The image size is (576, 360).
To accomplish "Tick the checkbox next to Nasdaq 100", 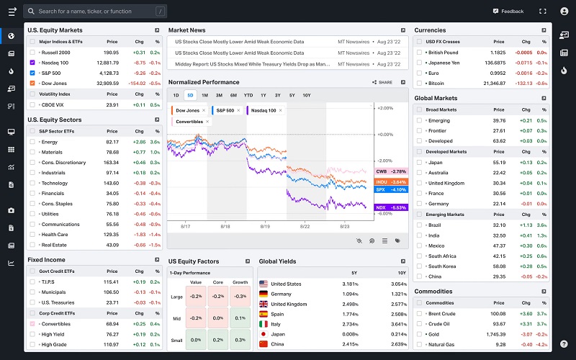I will [32, 63].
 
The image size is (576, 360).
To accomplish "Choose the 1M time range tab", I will [204, 95].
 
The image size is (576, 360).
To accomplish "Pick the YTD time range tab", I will [248, 95].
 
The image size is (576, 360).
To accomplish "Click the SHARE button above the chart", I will [382, 82].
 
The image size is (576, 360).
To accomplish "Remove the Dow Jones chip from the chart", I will [204, 110].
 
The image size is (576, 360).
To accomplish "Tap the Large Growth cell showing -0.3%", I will [240, 295].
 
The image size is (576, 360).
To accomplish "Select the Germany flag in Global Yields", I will [264, 294].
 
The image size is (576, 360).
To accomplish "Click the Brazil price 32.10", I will [498, 225].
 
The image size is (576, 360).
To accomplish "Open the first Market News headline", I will [240, 42].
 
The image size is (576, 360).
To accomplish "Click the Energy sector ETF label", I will [50, 142].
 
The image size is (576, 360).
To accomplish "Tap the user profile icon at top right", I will [564, 12].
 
